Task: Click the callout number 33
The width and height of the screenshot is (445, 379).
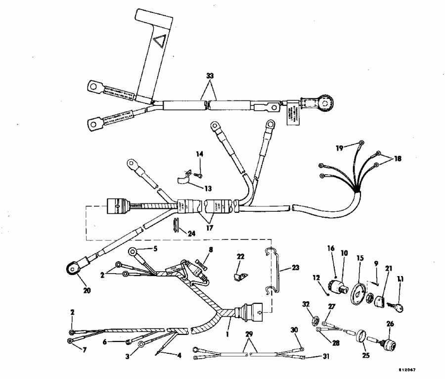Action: coord(210,76)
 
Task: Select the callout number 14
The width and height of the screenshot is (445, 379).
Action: coord(200,154)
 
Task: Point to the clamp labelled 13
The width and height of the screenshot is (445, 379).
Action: coord(184,179)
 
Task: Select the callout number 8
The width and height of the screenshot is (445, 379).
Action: coord(211,250)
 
